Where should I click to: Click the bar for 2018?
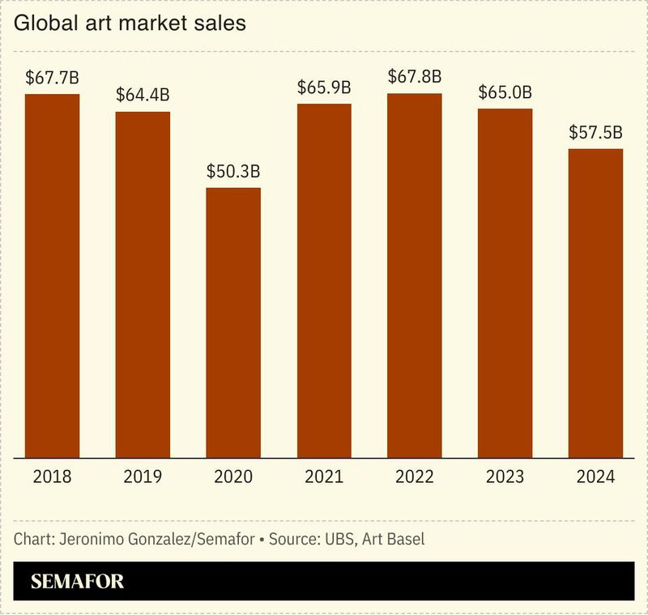click(52, 275)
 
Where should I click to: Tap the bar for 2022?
click(415, 275)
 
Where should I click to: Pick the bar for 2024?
click(595, 303)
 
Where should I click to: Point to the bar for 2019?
click(143, 284)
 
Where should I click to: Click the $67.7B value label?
click(52, 78)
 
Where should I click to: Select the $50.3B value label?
click(233, 172)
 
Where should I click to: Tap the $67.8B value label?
click(415, 77)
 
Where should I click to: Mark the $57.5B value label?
click(595, 132)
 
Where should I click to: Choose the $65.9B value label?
click(324, 87)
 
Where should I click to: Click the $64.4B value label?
click(143, 95)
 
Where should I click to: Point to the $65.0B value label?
click(505, 92)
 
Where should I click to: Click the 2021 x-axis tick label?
click(324, 476)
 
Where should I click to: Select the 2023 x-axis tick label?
click(505, 476)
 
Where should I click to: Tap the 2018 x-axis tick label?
click(52, 476)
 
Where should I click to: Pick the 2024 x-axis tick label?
click(595, 476)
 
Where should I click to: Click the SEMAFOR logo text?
click(77, 582)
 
